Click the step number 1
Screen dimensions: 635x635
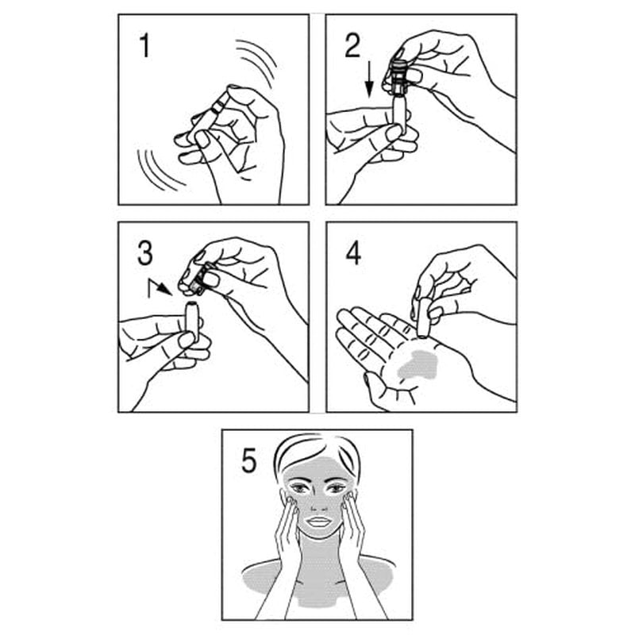144,46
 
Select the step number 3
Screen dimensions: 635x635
145,253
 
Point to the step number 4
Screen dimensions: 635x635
353,254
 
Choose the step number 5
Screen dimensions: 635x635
248,461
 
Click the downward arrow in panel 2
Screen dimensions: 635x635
369,80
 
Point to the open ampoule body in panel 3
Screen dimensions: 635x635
191,321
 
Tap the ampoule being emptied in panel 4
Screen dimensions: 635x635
424,318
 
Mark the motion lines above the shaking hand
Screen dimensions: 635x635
256,62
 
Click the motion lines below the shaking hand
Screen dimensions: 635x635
158,170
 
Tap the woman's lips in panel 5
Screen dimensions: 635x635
318,521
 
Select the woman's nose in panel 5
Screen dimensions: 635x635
320,503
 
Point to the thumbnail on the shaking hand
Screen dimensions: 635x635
202,139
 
